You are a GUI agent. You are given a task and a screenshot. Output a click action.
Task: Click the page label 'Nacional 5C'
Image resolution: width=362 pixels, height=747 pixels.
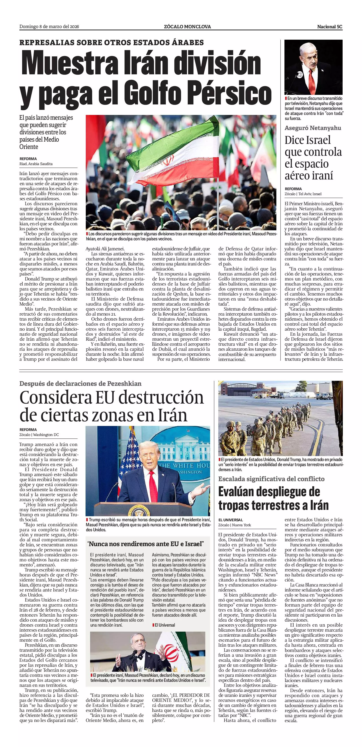point(330,27)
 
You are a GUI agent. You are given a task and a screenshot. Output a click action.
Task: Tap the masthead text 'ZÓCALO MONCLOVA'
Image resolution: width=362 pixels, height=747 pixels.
point(187,27)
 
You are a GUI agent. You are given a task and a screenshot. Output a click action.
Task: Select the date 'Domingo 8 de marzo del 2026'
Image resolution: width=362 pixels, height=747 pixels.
point(49,27)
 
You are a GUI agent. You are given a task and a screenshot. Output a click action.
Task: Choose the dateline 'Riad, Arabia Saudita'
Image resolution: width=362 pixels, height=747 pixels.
point(36,164)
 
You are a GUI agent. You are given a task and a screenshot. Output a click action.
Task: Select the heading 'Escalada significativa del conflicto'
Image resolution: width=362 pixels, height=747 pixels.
point(271,479)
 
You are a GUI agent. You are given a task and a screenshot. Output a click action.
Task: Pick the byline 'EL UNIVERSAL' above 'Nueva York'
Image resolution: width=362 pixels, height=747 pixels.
point(231,520)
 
